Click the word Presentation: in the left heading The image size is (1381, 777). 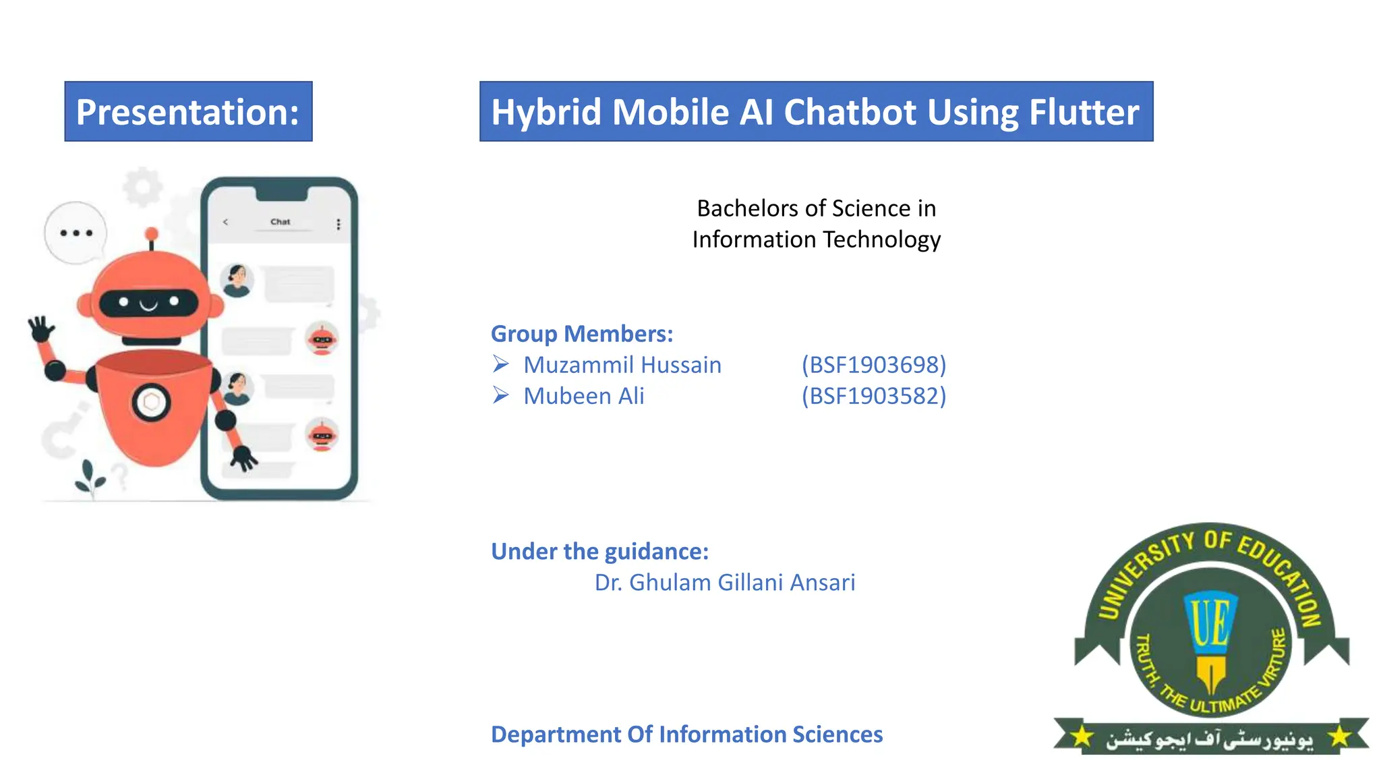187,112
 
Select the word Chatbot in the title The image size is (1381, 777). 850,112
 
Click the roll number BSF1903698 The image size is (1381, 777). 874,365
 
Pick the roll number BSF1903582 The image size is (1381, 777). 874,396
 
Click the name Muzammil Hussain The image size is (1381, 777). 622,365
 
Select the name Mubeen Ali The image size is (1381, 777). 584,396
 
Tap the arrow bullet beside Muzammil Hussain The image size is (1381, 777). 500,364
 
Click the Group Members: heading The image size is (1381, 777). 582,334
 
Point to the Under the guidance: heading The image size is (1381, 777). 599,552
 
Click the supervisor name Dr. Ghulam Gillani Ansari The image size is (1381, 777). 724,583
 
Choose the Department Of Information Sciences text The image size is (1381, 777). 686,735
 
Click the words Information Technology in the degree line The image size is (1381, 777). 816,239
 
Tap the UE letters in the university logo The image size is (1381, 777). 1210,621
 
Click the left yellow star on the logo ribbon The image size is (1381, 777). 1082,737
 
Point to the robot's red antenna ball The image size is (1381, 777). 152,234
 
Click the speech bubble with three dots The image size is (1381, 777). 76,233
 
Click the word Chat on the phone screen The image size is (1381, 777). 280,222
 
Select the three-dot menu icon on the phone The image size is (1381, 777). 339,224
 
